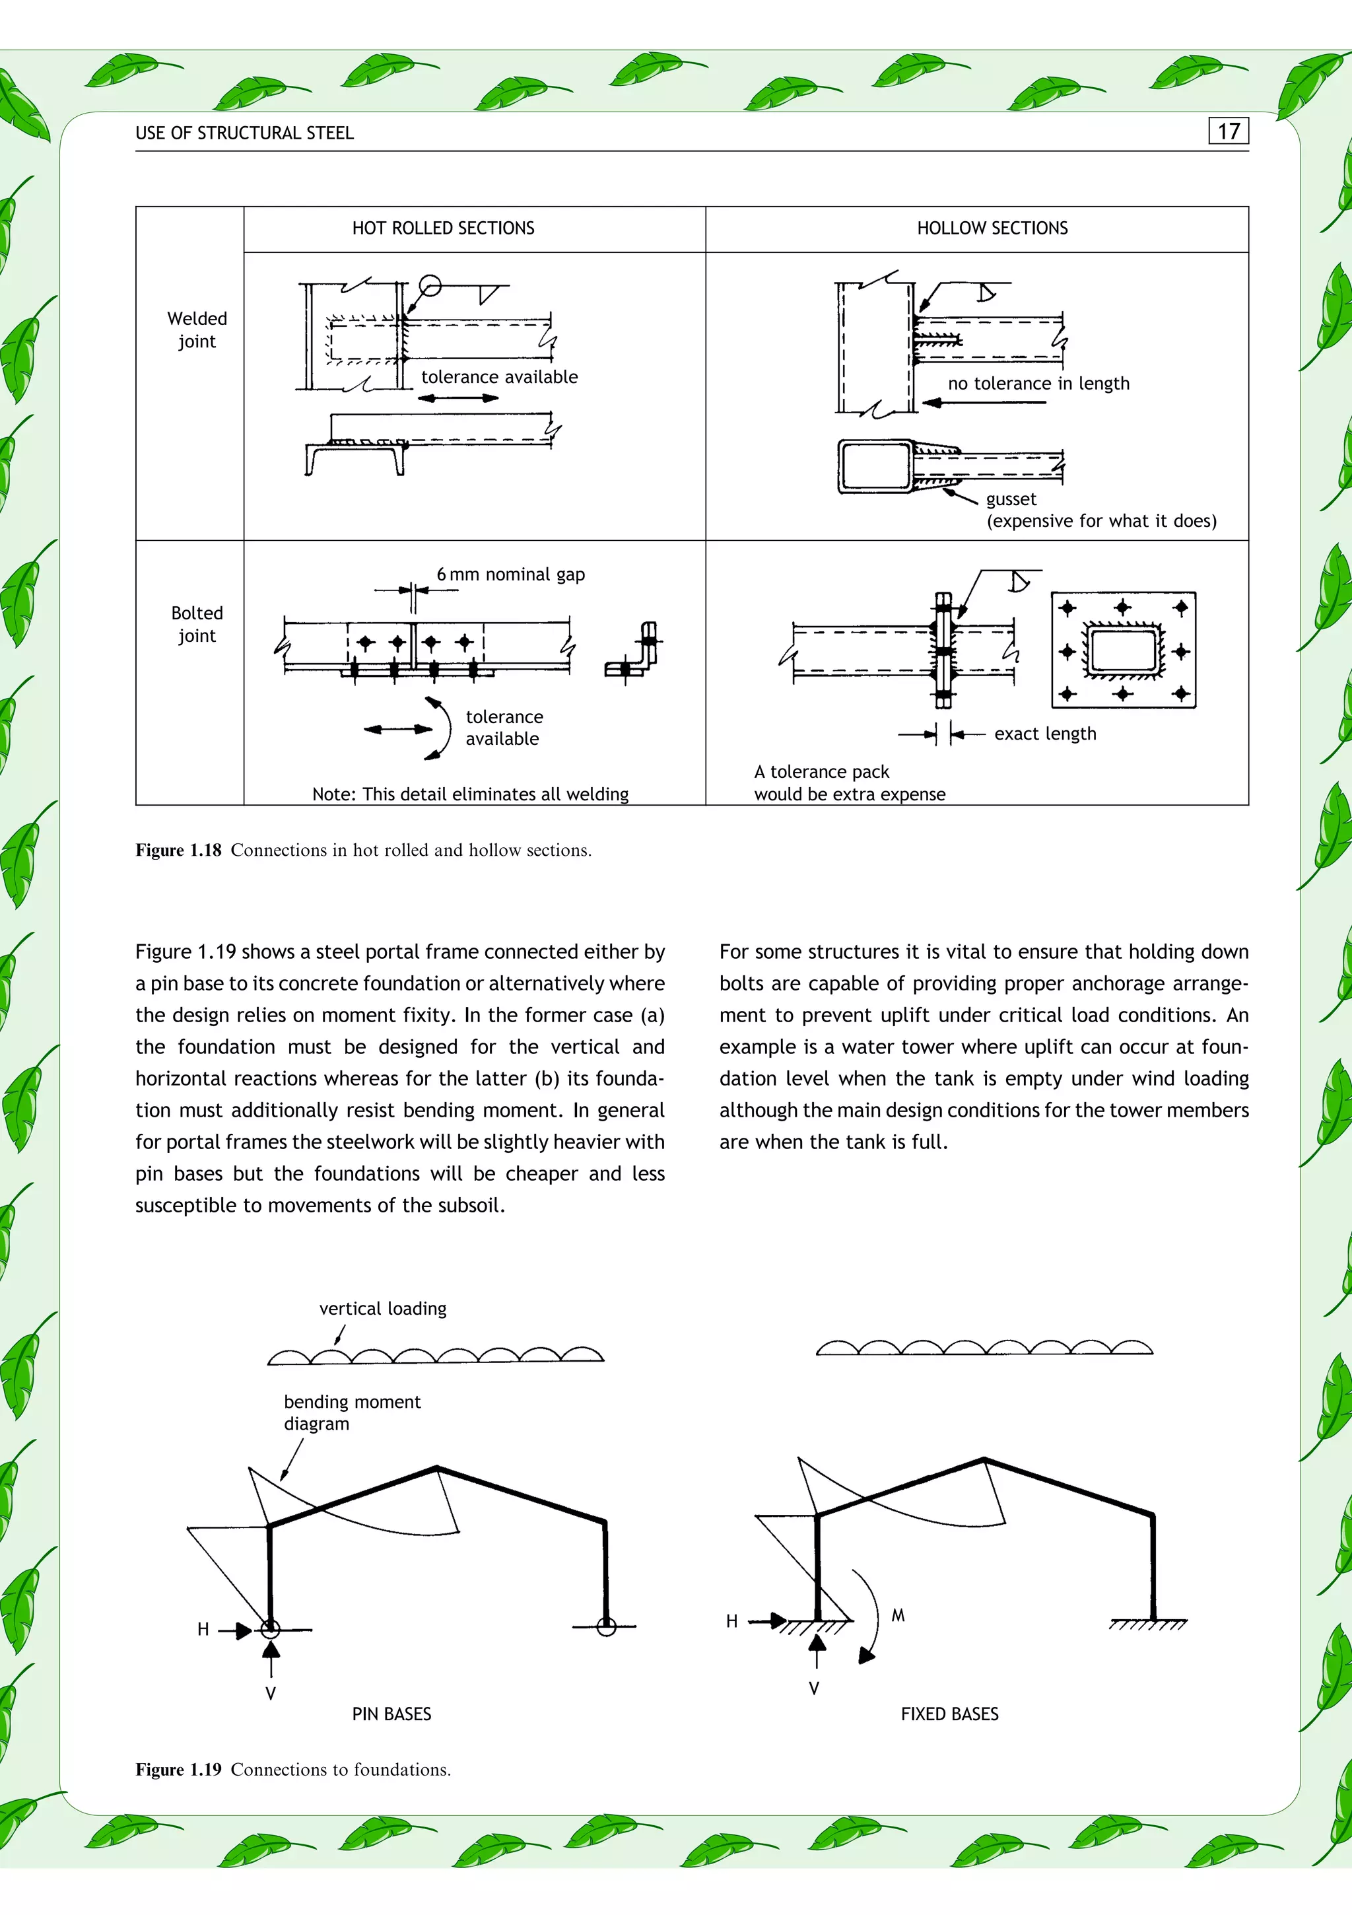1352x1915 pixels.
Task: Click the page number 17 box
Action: [x=1228, y=132]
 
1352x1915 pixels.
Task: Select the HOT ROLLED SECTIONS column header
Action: [x=443, y=228]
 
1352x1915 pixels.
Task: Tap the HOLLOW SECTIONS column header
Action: [x=992, y=228]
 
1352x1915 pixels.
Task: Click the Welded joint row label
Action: [x=197, y=330]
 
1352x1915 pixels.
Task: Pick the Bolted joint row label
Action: [x=197, y=624]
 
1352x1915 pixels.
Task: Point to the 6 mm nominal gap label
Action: [x=510, y=574]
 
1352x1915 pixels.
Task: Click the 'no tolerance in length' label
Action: [x=1038, y=384]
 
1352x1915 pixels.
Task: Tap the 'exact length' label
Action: [x=1045, y=734]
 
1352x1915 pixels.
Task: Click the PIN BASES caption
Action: [x=391, y=1714]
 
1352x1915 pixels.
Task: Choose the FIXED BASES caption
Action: [x=949, y=1714]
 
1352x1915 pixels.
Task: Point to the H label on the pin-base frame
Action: [x=203, y=1630]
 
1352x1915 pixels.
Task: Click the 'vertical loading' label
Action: [x=383, y=1309]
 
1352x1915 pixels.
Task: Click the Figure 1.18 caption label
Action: [x=178, y=851]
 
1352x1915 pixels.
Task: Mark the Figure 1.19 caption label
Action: [x=178, y=1770]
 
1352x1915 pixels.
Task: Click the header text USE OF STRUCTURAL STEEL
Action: [x=244, y=133]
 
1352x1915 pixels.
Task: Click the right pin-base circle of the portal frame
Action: [x=607, y=1626]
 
